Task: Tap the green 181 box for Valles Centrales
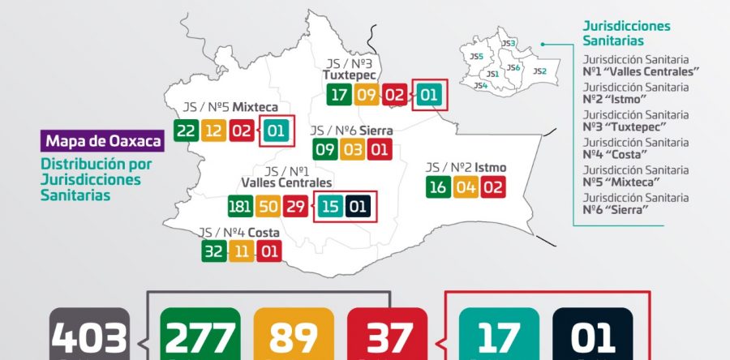pyautogui.click(x=241, y=206)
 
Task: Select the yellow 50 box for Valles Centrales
pyautogui.click(x=268, y=206)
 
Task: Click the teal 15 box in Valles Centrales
pyautogui.click(x=328, y=207)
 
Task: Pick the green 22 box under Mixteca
pyautogui.click(x=186, y=131)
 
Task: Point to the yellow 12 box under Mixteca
pyautogui.click(x=213, y=131)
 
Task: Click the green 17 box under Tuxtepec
pyautogui.click(x=339, y=95)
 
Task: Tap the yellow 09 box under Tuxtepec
pyautogui.click(x=367, y=95)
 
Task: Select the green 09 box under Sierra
pyautogui.click(x=324, y=149)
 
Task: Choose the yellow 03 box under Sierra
pyautogui.click(x=352, y=149)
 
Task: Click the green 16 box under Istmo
pyautogui.click(x=438, y=187)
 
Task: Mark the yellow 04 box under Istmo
pyautogui.click(x=466, y=187)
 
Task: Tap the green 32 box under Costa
pyautogui.click(x=213, y=251)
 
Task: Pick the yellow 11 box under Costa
pyautogui.click(x=241, y=251)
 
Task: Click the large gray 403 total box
pyautogui.click(x=89, y=336)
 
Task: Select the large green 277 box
pyautogui.click(x=200, y=336)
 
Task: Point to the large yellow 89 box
pyautogui.click(x=293, y=336)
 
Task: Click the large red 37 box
pyautogui.click(x=387, y=336)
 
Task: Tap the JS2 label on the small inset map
pyautogui.click(x=539, y=71)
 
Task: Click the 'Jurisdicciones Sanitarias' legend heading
pyautogui.click(x=626, y=33)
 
